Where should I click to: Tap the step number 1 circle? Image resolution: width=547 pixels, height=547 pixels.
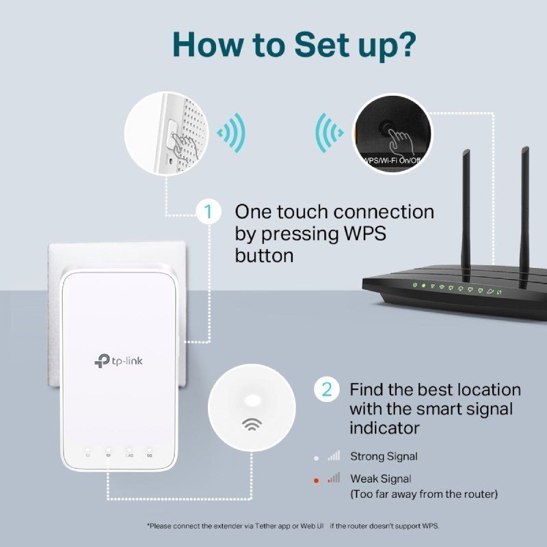point(209,211)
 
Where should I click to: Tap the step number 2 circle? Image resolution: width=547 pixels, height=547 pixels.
point(327,390)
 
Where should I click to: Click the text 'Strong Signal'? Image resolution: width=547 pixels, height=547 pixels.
point(384,456)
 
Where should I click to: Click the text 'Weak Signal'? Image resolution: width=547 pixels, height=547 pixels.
point(381,479)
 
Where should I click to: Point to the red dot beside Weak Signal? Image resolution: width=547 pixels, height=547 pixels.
point(316,480)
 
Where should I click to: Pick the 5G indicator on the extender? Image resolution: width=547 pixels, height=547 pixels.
point(149,455)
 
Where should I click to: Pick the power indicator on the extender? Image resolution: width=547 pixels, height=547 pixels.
point(88,455)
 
